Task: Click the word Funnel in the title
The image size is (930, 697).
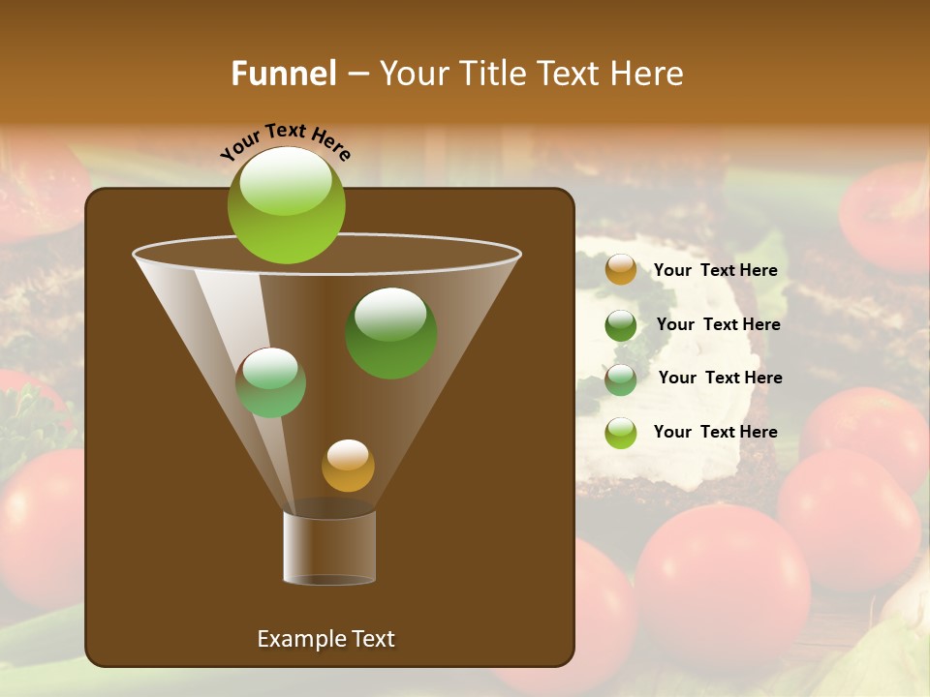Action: click(284, 74)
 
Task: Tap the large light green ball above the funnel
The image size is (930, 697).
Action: click(286, 204)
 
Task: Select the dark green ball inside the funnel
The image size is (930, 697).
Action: click(390, 334)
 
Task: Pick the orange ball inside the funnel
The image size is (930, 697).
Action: click(348, 466)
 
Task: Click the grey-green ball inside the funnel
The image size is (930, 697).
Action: click(270, 382)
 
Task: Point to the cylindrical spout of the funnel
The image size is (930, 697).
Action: click(329, 548)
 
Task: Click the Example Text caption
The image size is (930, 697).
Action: click(325, 639)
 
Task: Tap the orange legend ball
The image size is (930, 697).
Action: click(620, 270)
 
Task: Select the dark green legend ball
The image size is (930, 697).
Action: click(620, 325)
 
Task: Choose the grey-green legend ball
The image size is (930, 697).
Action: click(620, 379)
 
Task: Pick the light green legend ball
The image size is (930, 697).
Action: click(620, 433)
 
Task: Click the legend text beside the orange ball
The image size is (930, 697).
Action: click(715, 271)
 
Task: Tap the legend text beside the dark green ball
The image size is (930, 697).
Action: click(718, 324)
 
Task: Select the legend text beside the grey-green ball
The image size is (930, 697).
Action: click(720, 378)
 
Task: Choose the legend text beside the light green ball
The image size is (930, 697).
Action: click(715, 432)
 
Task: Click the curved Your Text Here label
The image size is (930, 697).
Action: click(286, 141)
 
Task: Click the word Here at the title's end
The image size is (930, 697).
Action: click(646, 74)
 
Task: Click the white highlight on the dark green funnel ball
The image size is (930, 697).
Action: click(390, 312)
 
